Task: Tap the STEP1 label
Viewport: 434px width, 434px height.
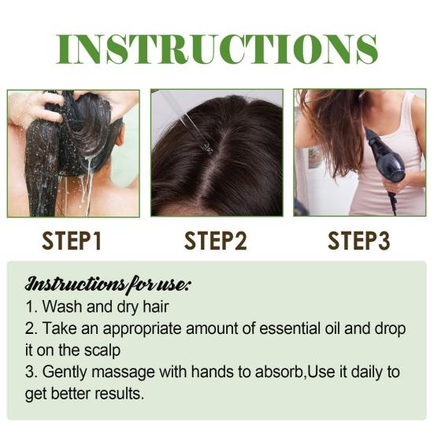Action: click(x=73, y=240)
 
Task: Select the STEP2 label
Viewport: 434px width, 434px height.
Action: click(x=215, y=240)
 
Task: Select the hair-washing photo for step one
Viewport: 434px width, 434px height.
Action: click(x=73, y=153)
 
